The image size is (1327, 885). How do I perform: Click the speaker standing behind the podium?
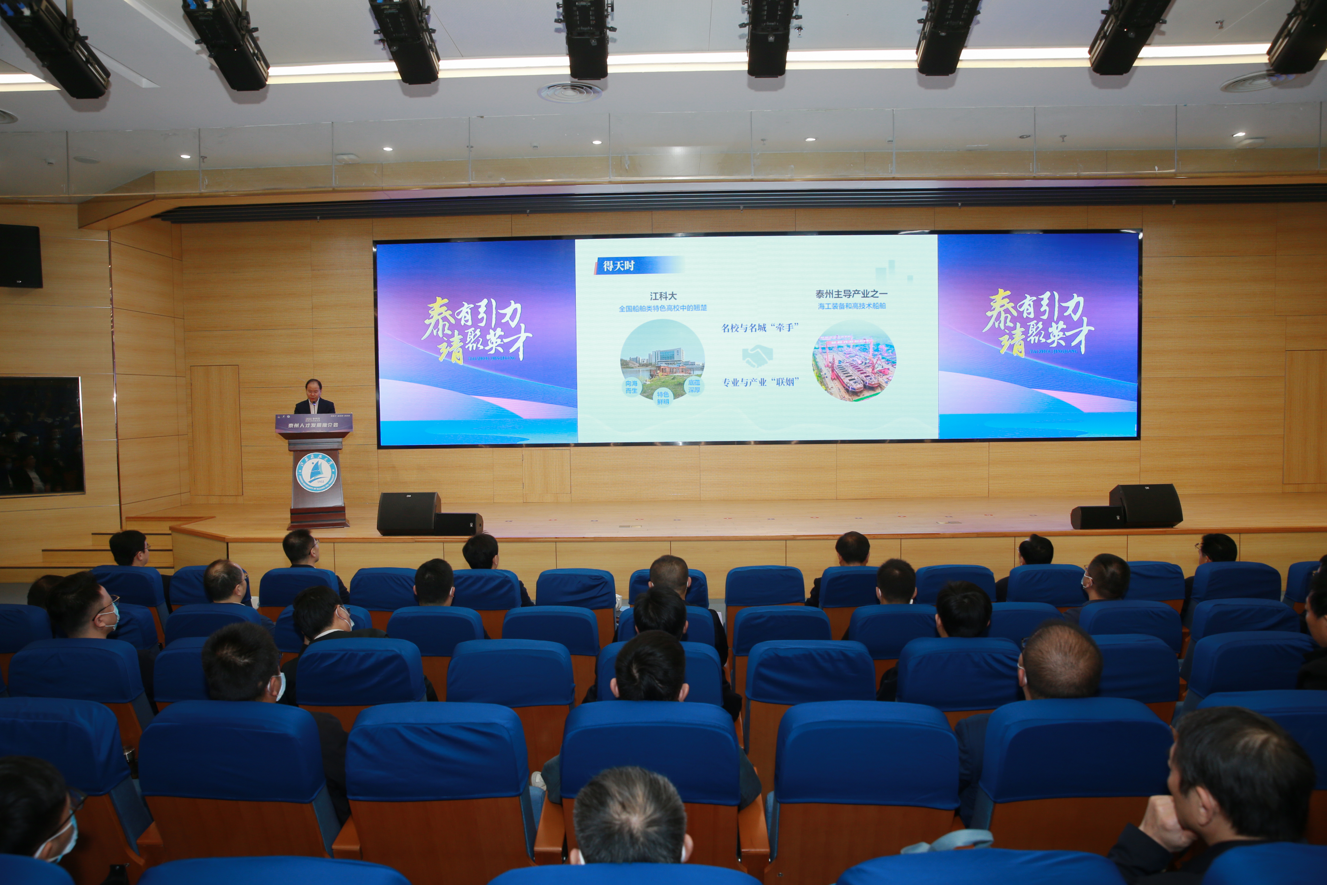(314, 397)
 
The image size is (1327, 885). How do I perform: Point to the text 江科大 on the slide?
(663, 296)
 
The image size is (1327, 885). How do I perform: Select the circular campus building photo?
(662, 357)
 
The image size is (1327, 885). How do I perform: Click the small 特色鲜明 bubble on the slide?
(663, 397)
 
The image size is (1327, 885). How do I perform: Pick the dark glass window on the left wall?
(41, 435)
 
